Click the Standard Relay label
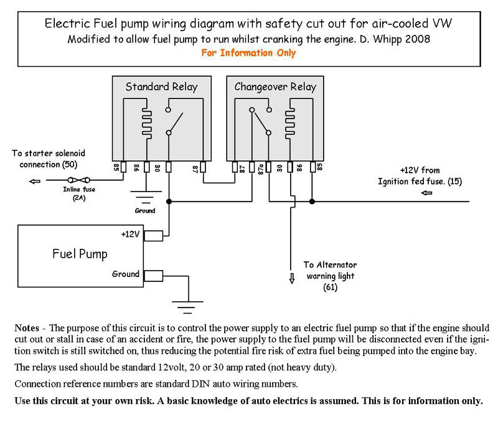(x=161, y=87)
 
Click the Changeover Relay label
(x=275, y=87)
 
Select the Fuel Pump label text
(x=79, y=254)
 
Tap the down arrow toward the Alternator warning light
(x=290, y=278)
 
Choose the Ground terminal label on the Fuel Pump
(x=126, y=274)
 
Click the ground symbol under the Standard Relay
(x=146, y=199)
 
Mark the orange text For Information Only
(x=248, y=53)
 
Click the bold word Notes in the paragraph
(x=27, y=327)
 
